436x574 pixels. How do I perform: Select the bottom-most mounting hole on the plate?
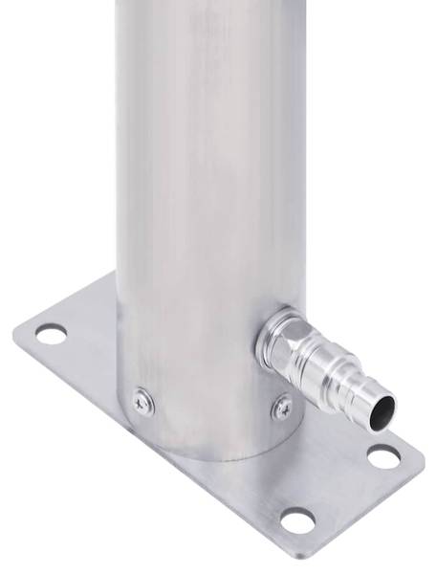(x=298, y=521)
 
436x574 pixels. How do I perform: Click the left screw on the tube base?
(x=142, y=402)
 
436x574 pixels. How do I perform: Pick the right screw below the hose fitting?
(x=282, y=407)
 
